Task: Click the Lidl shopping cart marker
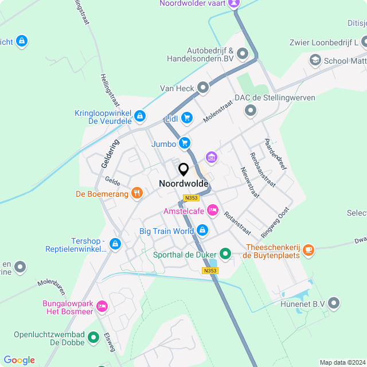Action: point(186,118)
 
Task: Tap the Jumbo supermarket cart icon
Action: point(184,143)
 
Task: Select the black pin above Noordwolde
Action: point(183,170)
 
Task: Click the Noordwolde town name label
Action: point(183,184)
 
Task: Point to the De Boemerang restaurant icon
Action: point(136,193)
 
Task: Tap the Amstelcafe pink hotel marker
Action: point(213,210)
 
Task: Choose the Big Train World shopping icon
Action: point(202,231)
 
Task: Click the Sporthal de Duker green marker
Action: point(225,253)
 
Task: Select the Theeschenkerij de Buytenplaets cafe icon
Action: point(309,249)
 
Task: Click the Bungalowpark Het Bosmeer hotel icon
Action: point(103,307)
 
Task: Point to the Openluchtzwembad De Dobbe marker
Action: point(93,341)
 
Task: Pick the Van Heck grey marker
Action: point(202,88)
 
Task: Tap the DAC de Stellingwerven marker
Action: point(250,110)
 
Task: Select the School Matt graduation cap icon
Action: point(315,60)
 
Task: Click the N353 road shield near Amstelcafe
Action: point(191,198)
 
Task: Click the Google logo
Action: point(19,360)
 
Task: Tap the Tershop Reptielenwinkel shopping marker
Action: point(115,244)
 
